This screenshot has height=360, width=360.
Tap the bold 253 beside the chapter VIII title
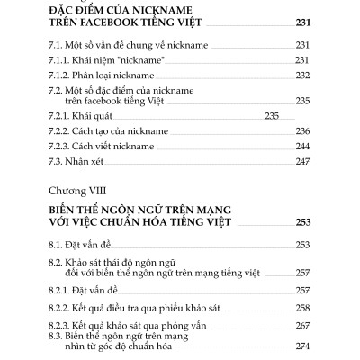click(301, 220)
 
